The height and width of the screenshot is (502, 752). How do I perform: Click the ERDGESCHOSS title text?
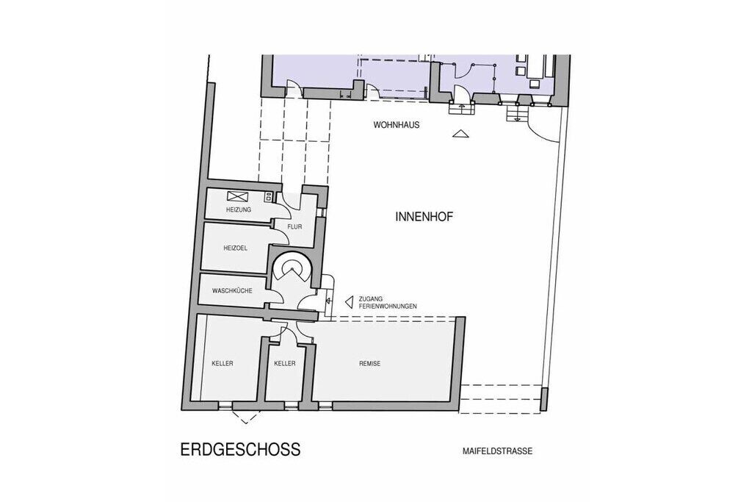[x=240, y=449]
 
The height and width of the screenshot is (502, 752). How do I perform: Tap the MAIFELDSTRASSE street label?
[x=497, y=451]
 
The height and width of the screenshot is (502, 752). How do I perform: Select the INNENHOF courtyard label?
[x=424, y=217]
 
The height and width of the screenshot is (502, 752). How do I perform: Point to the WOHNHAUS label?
[x=397, y=125]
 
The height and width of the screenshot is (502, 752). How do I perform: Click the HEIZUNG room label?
[x=239, y=209]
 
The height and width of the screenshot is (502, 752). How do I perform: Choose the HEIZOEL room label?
[x=236, y=248]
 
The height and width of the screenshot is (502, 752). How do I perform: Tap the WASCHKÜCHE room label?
[x=232, y=291]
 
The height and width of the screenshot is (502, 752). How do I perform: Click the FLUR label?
[x=294, y=227]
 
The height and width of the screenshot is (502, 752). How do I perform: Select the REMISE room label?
[x=370, y=364]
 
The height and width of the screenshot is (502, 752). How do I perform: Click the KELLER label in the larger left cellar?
[x=223, y=364]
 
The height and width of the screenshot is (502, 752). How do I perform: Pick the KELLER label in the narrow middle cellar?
[x=285, y=364]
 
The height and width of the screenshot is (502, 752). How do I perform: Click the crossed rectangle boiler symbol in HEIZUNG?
[x=238, y=196]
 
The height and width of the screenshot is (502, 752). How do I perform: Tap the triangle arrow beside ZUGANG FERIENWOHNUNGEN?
[x=350, y=302]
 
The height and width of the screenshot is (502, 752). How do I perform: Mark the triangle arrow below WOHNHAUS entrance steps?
[x=460, y=134]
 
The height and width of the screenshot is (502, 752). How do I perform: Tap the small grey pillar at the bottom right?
[x=543, y=400]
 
